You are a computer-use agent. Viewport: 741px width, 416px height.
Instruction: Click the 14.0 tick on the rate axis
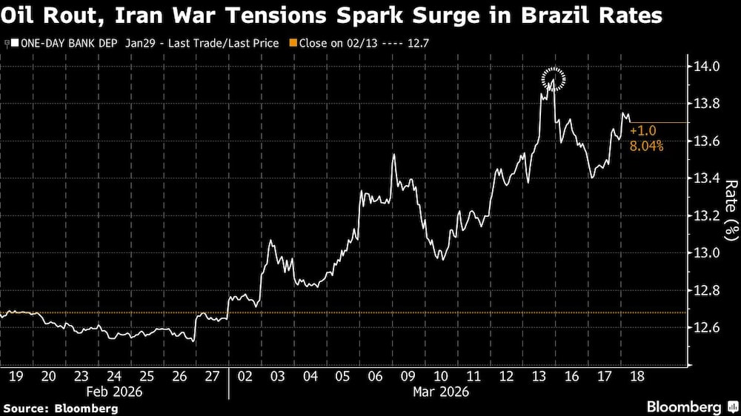point(705,67)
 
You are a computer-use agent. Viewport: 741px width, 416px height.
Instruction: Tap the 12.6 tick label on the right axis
point(705,327)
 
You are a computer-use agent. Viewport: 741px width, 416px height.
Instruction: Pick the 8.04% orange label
point(646,147)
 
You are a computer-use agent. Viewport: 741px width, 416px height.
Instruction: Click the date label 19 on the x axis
point(14,376)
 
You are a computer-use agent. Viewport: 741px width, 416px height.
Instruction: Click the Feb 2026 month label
point(115,391)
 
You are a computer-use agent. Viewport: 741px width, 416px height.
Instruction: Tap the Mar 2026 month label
point(440,391)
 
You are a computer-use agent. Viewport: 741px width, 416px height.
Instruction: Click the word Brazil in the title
point(545,16)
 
